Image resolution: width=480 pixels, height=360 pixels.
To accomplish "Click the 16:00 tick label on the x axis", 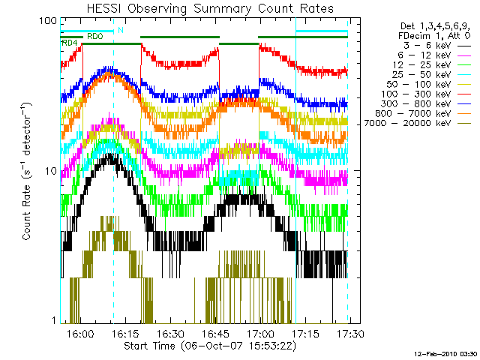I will pos(80,334).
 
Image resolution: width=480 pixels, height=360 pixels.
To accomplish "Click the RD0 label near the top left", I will pos(95,35).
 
